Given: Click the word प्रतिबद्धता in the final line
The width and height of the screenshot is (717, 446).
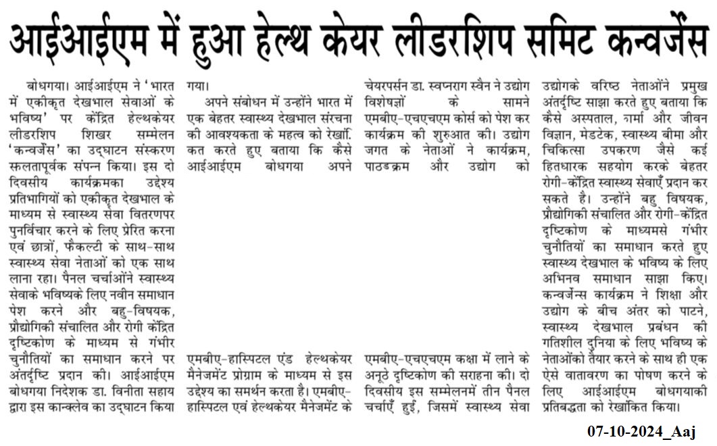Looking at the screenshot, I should pos(574,407).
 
